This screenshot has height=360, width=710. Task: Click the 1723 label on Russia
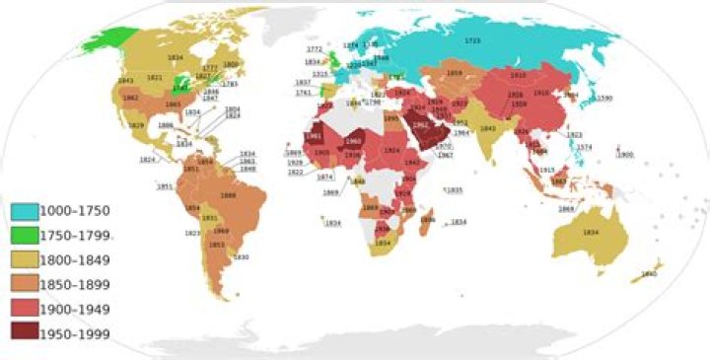coord(474,40)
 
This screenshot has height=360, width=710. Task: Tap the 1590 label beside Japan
coord(604,99)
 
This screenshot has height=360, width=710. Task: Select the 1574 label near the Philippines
coord(584,147)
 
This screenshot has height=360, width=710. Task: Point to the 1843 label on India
coord(486,128)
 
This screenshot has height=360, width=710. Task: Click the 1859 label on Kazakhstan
coord(454,73)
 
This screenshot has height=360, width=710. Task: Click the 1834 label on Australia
coord(591,232)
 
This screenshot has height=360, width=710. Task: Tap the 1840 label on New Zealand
coord(649,274)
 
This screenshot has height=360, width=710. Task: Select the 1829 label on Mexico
coord(136,125)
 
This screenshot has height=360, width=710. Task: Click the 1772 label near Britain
coord(314,48)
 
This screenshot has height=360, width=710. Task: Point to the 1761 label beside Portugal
coord(303,93)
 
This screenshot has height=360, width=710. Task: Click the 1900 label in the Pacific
coord(623,155)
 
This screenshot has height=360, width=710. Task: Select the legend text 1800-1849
coord(75,259)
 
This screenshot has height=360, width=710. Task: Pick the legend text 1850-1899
coord(75,284)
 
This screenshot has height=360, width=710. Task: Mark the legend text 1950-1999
coord(75,332)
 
